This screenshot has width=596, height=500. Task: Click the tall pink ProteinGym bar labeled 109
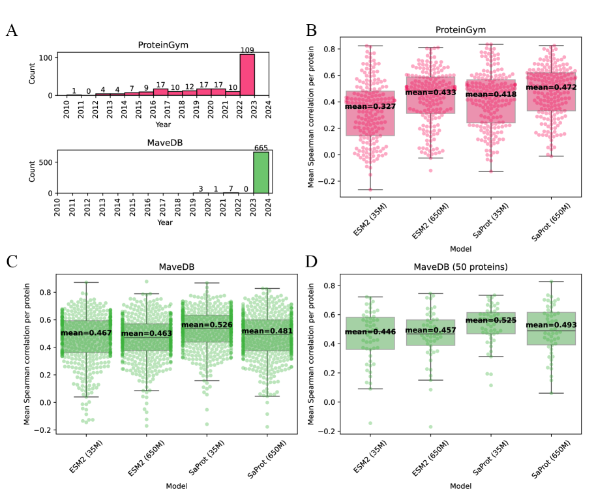click(x=247, y=74)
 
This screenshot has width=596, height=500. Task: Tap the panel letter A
click(x=12, y=30)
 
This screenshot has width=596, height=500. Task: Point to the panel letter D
click(x=312, y=262)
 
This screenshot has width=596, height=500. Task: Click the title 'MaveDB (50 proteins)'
click(x=451, y=267)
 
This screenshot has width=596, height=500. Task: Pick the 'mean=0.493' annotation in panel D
click(x=551, y=325)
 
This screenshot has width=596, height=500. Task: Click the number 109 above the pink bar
click(x=247, y=50)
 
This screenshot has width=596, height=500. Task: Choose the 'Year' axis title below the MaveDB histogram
click(x=165, y=222)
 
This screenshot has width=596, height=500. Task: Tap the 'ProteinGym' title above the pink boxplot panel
click(x=451, y=29)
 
